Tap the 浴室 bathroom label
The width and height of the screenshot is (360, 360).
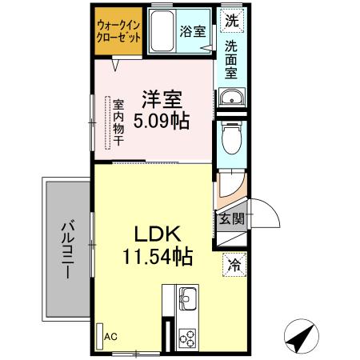(192, 33)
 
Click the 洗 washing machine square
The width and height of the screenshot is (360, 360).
(231, 19)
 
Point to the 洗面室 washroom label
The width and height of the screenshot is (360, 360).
(231, 60)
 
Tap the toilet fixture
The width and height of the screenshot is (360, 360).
(230, 138)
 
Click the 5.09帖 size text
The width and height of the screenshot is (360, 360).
(162, 123)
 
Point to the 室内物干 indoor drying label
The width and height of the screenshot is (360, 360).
(118, 122)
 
